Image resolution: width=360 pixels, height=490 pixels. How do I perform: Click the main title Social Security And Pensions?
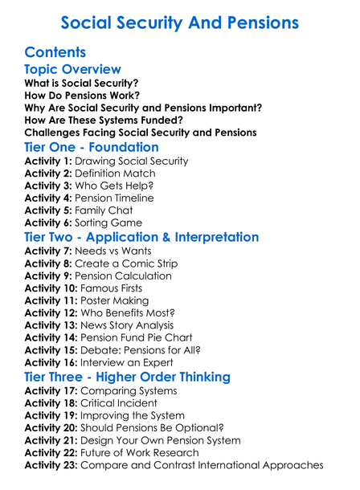pyautogui.click(x=180, y=22)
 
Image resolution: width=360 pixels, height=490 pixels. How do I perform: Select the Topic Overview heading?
pyautogui.click(x=73, y=70)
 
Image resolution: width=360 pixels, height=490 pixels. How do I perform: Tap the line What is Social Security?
pyautogui.click(x=81, y=84)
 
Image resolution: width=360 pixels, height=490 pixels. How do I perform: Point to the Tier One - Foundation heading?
pyautogui.click(x=92, y=147)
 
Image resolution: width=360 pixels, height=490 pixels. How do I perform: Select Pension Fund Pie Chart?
pyautogui.click(x=136, y=338)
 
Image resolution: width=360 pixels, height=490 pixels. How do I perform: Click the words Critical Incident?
pyautogui.click(x=121, y=403)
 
